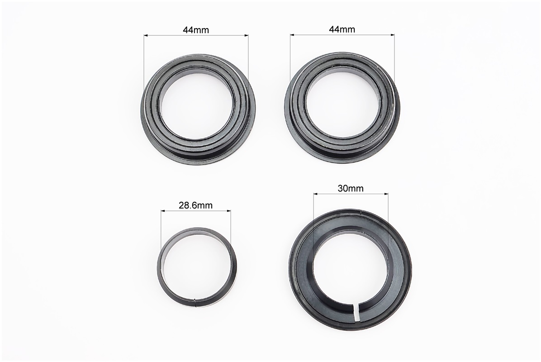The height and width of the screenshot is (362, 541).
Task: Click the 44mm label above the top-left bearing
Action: click(x=195, y=30)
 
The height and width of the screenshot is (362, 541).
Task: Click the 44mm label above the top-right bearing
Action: click(x=342, y=30)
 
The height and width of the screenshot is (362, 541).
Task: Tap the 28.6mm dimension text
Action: click(x=195, y=206)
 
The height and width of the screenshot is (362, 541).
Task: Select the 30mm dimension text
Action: click(x=351, y=188)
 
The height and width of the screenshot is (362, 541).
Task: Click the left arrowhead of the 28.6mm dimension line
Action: click(x=163, y=210)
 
